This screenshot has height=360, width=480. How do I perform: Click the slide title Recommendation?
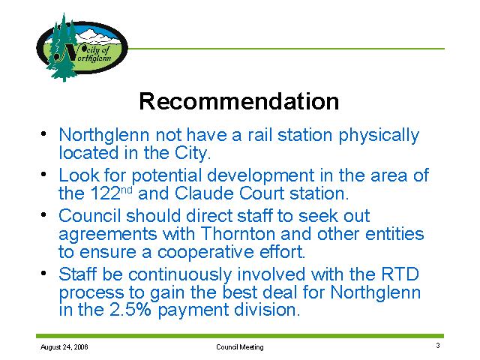[239, 101]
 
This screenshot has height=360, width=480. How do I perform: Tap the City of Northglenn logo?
[82, 47]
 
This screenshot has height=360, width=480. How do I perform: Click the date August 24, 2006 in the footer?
[64, 346]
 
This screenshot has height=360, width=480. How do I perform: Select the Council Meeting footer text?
[240, 346]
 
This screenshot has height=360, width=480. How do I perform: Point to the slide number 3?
[438, 345]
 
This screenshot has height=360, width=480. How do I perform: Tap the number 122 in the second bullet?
[105, 193]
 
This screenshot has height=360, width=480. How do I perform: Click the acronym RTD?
[400, 274]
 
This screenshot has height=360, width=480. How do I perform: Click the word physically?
[379, 136]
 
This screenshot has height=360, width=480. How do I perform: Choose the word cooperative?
[205, 253]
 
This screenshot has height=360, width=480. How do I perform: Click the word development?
[260, 176]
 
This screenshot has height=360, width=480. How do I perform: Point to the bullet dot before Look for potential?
[43, 174]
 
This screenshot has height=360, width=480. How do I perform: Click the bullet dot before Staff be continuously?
[43, 272]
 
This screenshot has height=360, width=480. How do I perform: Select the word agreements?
[107, 235]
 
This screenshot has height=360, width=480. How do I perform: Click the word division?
[267, 310]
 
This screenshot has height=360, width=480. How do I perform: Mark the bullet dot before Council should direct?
[43, 214]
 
